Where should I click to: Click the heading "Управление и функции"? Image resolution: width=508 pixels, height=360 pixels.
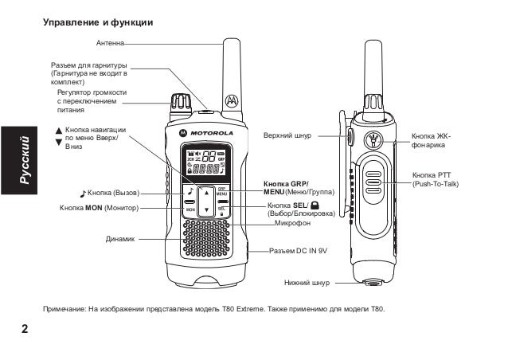pyautogui.click(x=97, y=23)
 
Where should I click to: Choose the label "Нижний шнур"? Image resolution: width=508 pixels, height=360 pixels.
pyautogui.click(x=306, y=282)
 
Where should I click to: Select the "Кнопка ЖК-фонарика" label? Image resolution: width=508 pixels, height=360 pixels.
pyautogui.click(x=431, y=140)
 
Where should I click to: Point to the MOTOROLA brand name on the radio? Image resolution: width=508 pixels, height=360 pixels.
pyautogui.click(x=210, y=131)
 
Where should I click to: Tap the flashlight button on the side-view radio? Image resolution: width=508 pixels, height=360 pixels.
pyautogui.click(x=372, y=142)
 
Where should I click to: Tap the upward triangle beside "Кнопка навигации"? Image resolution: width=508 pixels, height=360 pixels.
pyautogui.click(x=57, y=129)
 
